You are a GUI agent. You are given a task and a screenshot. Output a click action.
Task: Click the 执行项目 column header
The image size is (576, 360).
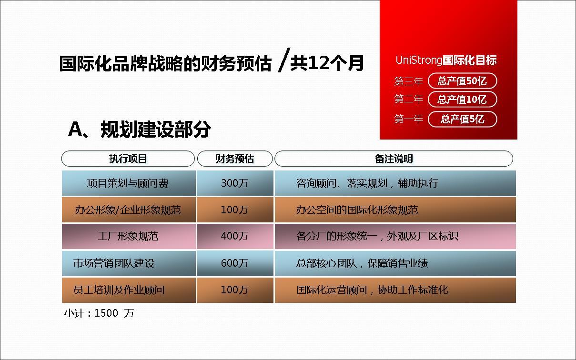tap(128, 159)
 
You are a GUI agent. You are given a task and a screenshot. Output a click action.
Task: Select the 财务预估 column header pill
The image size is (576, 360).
tap(235, 159)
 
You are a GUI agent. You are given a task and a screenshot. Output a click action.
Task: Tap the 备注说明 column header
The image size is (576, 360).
tap(394, 159)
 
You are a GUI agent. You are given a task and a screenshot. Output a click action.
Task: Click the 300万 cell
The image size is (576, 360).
tap(235, 183)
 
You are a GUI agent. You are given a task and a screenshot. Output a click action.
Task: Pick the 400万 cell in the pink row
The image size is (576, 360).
tap(235, 236)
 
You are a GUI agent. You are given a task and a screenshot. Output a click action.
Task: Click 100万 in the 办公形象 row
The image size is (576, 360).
tap(235, 210)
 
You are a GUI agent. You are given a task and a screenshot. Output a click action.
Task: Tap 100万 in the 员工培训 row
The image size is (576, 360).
tap(235, 290)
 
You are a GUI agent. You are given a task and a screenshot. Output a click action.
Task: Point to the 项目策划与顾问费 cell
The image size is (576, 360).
tap(129, 183)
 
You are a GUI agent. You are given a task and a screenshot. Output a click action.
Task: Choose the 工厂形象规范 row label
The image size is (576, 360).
tap(128, 236)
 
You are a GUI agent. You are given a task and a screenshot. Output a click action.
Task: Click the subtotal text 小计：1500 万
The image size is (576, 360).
tap(99, 313)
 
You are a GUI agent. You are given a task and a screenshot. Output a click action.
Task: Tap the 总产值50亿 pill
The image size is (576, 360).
tap(462, 81)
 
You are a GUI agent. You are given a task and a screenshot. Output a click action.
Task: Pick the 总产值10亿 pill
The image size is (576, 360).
tap(462, 100)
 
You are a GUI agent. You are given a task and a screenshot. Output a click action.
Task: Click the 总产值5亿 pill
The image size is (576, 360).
tap(462, 119)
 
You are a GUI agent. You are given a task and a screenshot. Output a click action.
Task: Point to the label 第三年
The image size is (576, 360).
tap(409, 81)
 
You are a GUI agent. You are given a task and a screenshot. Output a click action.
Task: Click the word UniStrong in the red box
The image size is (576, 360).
tap(419, 60)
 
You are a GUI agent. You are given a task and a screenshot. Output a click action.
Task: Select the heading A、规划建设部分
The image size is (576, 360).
tap(140, 129)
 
